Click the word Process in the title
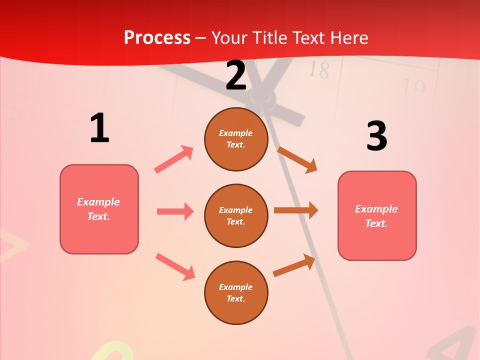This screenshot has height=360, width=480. click(x=157, y=37)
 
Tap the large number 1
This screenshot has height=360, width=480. click(x=99, y=128)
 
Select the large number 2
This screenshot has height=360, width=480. click(x=236, y=75)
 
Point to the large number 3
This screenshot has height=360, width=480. click(x=376, y=136)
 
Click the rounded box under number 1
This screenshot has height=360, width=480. click(x=99, y=209)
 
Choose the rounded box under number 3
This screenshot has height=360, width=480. click(x=377, y=215)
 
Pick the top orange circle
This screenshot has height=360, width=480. click(x=236, y=139)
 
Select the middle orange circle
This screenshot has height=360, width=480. click(x=236, y=215)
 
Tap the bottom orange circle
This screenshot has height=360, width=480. click(x=236, y=292)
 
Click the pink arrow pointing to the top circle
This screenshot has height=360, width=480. click(x=174, y=159)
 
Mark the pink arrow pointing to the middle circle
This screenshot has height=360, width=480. click(x=175, y=211)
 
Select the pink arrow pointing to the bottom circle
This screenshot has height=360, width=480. click(x=175, y=266)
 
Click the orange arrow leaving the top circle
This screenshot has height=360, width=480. click(x=297, y=160)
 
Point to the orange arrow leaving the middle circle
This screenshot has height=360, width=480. click(x=296, y=210)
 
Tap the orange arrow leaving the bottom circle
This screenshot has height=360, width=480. click(x=294, y=265)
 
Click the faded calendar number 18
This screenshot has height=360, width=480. click(x=319, y=70)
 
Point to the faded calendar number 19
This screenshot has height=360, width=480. click(x=413, y=88)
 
